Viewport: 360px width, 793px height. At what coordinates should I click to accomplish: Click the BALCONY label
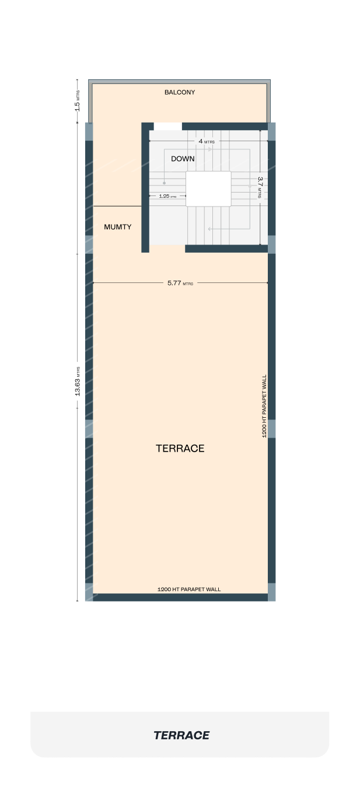[180, 92]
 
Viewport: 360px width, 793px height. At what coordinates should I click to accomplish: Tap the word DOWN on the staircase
[183, 159]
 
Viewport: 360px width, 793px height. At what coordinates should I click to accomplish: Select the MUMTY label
[117, 227]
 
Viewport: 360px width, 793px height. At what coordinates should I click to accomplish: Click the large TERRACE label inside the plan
[180, 449]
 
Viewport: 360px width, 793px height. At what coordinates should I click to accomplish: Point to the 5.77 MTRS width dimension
[180, 283]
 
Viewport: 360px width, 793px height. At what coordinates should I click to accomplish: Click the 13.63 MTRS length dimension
[78, 381]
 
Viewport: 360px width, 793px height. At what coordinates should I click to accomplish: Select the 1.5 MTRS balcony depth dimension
[78, 101]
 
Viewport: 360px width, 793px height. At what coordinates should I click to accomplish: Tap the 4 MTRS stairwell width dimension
[207, 141]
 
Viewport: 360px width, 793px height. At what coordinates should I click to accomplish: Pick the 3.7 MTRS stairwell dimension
[260, 187]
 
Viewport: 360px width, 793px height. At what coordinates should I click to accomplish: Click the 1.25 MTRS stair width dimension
[167, 196]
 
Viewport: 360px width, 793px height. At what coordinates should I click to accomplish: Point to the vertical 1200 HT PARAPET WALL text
[264, 406]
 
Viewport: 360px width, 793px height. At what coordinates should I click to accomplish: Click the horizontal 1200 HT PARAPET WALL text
[189, 589]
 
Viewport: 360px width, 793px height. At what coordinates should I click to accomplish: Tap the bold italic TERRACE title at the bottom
[181, 735]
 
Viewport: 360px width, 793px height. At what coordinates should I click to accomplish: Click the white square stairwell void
[208, 188]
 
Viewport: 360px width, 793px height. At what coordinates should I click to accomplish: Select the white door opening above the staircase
[168, 127]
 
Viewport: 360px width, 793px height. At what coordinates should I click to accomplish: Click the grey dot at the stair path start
[165, 183]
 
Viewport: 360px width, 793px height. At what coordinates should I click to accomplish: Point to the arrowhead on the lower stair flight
[209, 229]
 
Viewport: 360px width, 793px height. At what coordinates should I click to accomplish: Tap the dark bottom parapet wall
[180, 598]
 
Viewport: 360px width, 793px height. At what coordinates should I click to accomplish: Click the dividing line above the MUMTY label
[117, 206]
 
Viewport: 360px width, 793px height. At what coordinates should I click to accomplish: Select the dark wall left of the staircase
[145, 188]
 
